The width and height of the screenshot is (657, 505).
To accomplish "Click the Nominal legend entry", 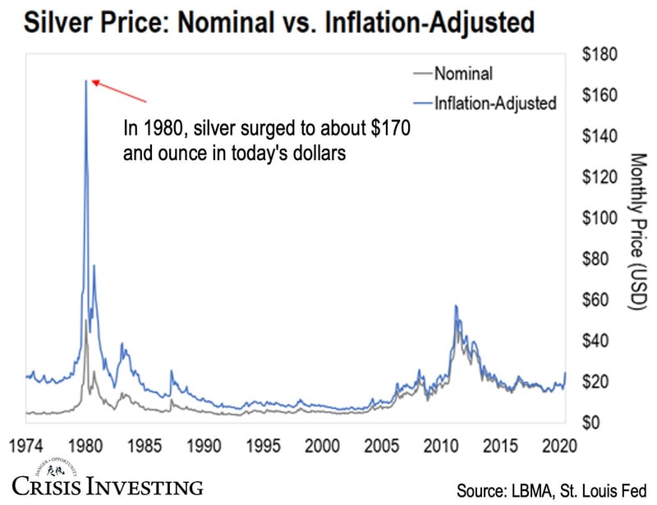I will [463, 74].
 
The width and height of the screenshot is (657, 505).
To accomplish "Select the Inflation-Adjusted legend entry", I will [495, 103].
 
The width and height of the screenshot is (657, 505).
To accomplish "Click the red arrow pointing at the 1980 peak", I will [118, 90].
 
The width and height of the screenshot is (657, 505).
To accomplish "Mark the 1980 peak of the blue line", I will [86, 80].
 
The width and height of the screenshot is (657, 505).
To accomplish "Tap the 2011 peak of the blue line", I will [456, 306].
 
